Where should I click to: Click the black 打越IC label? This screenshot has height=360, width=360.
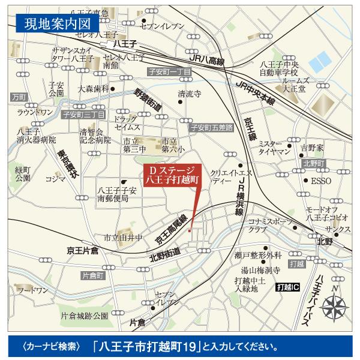pos(289,289)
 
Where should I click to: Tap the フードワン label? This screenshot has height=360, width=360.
pos(33,290)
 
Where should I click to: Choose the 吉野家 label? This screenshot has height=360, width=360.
pos(312,147)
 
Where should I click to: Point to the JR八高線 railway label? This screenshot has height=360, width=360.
pos(206,61)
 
